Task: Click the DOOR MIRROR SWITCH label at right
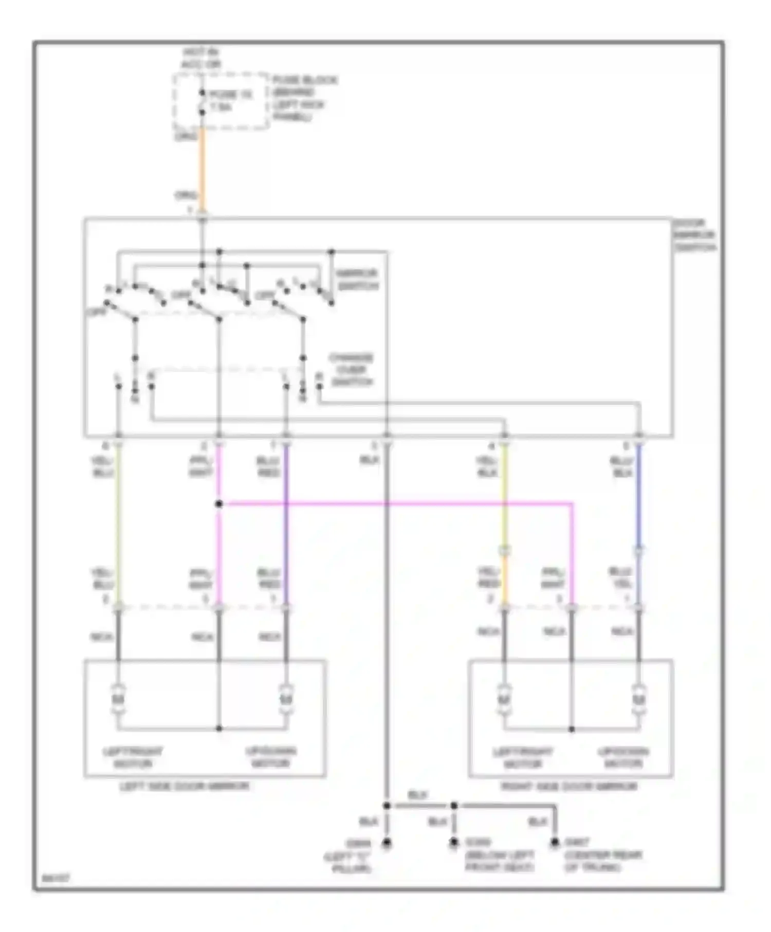point(694,236)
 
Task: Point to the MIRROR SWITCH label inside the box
point(358,279)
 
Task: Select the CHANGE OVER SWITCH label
point(352,370)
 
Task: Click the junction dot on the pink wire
point(219,504)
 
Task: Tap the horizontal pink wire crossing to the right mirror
point(396,504)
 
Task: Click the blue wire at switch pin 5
point(639,493)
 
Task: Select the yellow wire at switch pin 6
point(118,514)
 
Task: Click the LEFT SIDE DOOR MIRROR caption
point(185,786)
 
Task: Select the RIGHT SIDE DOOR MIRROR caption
point(569,786)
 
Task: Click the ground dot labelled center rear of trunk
point(555,843)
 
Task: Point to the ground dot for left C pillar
point(387,843)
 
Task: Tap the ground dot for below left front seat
point(453,843)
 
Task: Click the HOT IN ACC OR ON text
point(201,59)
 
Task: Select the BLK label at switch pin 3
point(369,460)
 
